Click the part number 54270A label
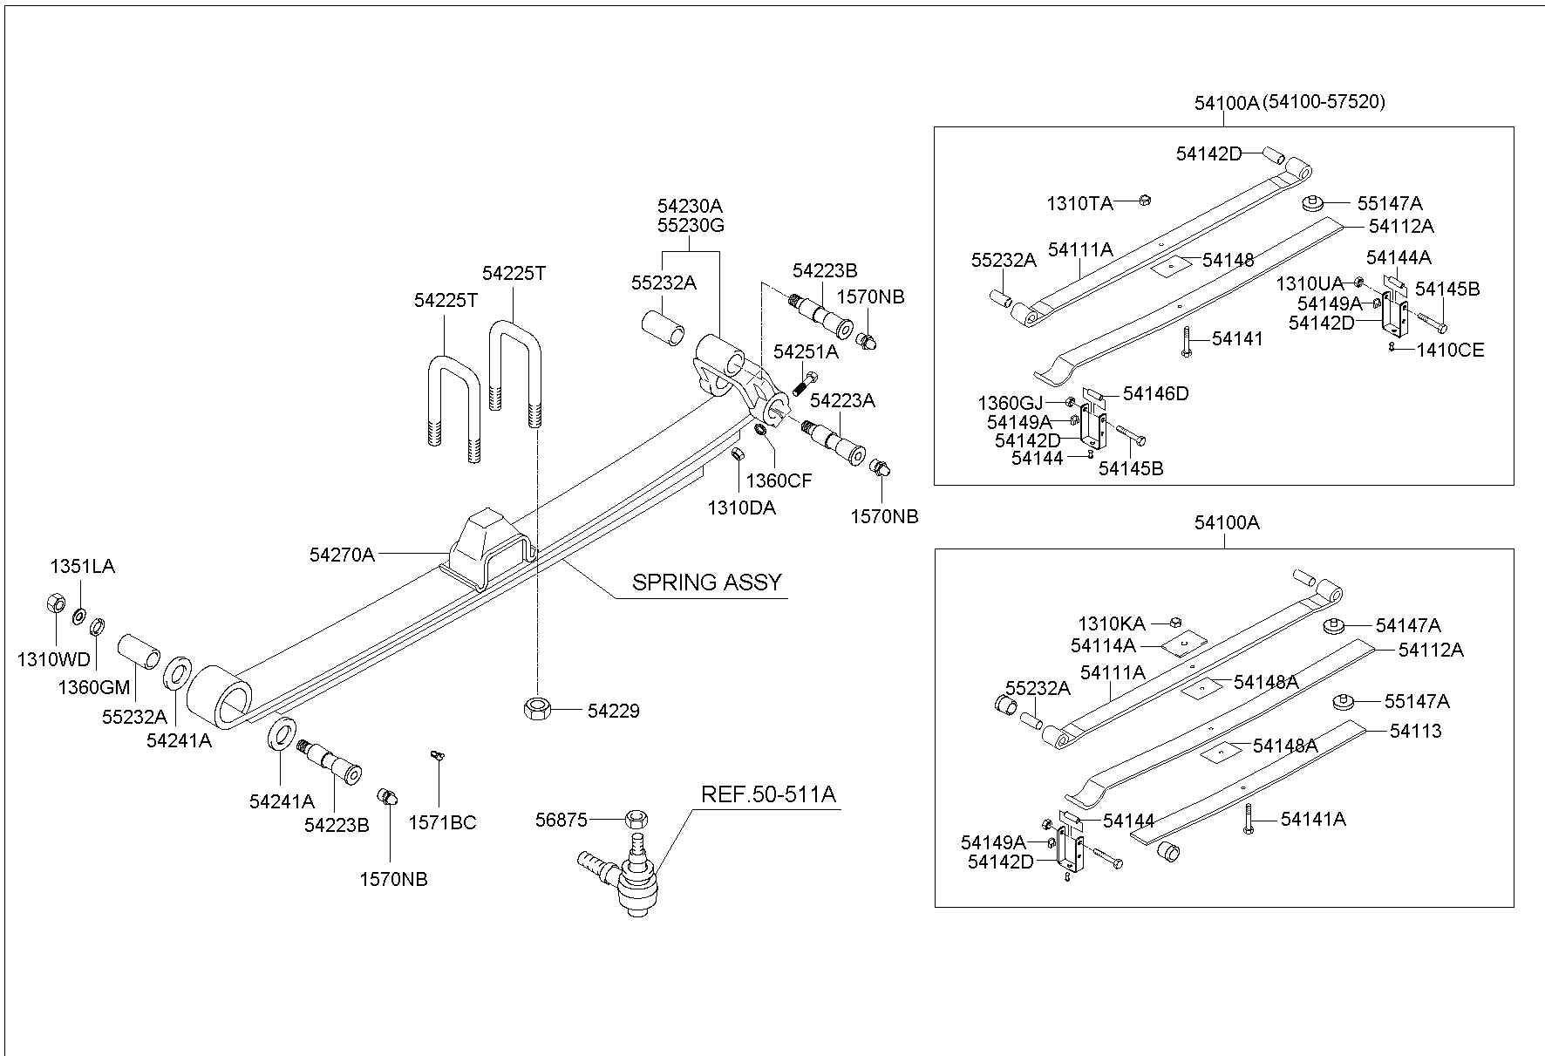pyautogui.click(x=341, y=554)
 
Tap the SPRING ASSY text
pyautogui.click(x=706, y=582)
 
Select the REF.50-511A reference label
pyautogui.click(x=768, y=794)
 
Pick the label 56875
pyautogui.click(x=562, y=820)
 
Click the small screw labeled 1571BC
pyautogui.click(x=438, y=755)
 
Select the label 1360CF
pyautogui.click(x=779, y=480)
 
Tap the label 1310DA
pyautogui.click(x=740, y=508)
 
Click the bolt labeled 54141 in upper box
pyautogui.click(x=1186, y=340)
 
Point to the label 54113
pyautogui.click(x=1415, y=731)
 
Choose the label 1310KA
pyautogui.click(x=1111, y=623)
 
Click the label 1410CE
pyautogui.click(x=1450, y=350)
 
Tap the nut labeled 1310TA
pyautogui.click(x=1146, y=201)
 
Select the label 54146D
pyautogui.click(x=1155, y=393)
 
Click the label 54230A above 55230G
pyautogui.click(x=690, y=206)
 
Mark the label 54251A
pyautogui.click(x=806, y=351)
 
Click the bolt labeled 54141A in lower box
pyautogui.click(x=1249, y=820)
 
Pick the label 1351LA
pyautogui.click(x=82, y=566)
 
